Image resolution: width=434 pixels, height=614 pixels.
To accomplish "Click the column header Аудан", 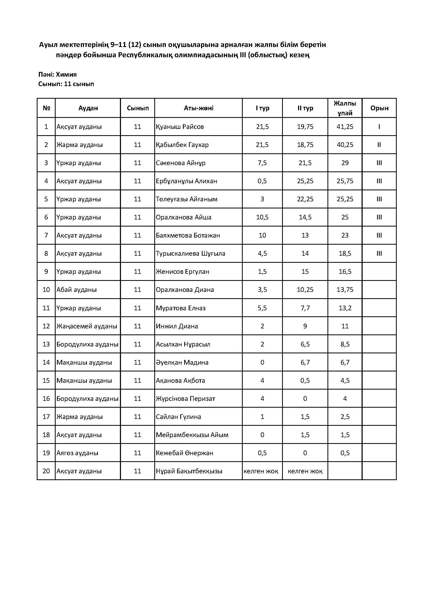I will pyautogui.click(x=88, y=108).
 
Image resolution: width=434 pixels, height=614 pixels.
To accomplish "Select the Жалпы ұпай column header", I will pyautogui.click(x=345, y=108).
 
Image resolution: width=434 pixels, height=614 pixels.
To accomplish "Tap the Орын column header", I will pyautogui.click(x=379, y=108).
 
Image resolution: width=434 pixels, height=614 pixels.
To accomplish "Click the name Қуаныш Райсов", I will pyautogui.click(x=180, y=127).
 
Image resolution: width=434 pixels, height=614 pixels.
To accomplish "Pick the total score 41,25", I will pyautogui.click(x=345, y=127).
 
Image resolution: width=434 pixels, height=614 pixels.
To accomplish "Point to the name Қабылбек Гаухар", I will pyautogui.click(x=182, y=145).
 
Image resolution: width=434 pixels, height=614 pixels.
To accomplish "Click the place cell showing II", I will pyautogui.click(x=379, y=145).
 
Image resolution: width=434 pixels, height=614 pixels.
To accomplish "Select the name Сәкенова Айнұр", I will pyautogui.click(x=181, y=163).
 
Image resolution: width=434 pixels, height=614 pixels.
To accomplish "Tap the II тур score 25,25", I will pyautogui.click(x=305, y=181).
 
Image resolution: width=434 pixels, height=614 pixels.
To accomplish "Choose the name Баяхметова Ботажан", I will pyautogui.click(x=188, y=235).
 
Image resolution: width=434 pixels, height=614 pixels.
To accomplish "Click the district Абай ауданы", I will pyautogui.click(x=76, y=290).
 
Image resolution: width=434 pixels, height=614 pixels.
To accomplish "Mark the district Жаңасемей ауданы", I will pyautogui.click(x=87, y=326).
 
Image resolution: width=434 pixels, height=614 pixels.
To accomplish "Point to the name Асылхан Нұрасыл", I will pyautogui.click(x=183, y=344).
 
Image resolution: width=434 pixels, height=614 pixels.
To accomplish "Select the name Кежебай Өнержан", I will pyautogui.click(x=184, y=453).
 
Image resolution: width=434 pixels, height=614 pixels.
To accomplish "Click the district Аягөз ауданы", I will pyautogui.click(x=77, y=453).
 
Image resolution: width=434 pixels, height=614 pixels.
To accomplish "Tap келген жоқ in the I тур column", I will pyautogui.click(x=261, y=471).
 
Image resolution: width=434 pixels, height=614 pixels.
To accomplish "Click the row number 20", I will pyautogui.click(x=46, y=471).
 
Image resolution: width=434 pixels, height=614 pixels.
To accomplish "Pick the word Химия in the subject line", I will pyautogui.click(x=66, y=74).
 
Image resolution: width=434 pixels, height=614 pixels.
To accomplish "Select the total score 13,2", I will pyautogui.click(x=345, y=308).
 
